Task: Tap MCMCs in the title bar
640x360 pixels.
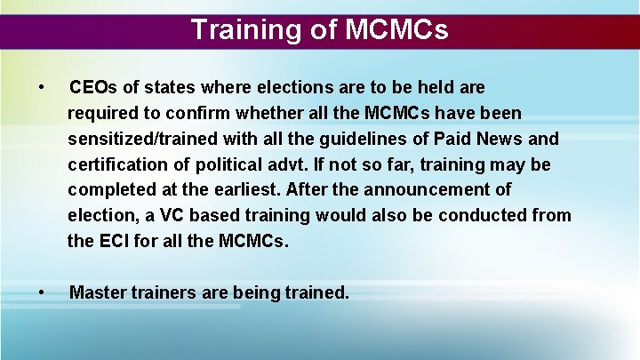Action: tap(396, 30)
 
